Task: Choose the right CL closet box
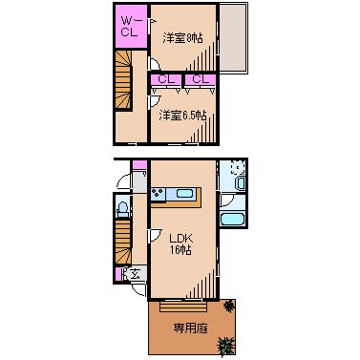click(201, 79)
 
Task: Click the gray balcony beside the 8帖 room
click(233, 39)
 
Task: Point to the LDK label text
click(181, 238)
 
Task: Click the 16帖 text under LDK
click(181, 250)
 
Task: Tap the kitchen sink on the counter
click(184, 195)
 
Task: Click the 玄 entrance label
click(136, 275)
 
